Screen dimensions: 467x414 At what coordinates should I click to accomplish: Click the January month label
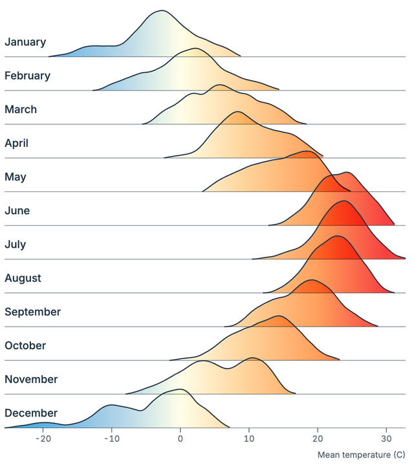tap(25, 42)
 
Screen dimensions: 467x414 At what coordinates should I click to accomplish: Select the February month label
tap(27, 76)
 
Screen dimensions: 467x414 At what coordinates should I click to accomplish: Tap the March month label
tap(21, 109)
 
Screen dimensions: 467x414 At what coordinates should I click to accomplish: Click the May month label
tap(16, 177)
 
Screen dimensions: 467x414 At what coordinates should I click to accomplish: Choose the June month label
tap(17, 210)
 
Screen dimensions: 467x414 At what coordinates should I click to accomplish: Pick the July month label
tap(16, 244)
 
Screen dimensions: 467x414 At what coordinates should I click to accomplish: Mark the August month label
tap(23, 278)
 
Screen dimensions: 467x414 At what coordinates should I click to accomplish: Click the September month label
tap(32, 312)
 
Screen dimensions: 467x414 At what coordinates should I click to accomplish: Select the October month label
tap(26, 345)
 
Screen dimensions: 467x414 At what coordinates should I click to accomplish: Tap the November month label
tap(31, 379)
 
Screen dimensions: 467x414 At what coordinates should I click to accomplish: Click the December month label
tap(31, 413)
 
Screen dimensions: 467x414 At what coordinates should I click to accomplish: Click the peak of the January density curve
tap(162, 10)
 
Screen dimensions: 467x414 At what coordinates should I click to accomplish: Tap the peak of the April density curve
tap(238, 112)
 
